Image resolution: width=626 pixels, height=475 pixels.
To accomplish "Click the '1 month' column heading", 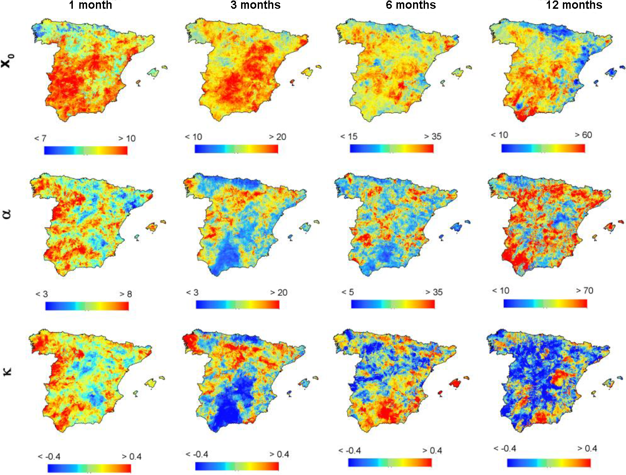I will [x=90, y=5].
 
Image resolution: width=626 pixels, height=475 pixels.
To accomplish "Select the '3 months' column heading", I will [x=255, y=5].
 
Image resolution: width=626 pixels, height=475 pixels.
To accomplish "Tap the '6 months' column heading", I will [x=411, y=5].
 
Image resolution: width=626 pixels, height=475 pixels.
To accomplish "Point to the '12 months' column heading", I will [x=574, y=5].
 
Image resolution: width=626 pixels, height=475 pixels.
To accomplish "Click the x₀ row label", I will [x=8, y=60].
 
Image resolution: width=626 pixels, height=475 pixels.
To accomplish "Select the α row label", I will [x=7, y=213].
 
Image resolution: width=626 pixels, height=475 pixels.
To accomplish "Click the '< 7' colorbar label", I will [x=40, y=138].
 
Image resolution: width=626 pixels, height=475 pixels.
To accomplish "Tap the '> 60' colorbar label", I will [x=583, y=135].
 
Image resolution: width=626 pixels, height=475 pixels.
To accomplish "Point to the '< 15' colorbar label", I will [x=348, y=136].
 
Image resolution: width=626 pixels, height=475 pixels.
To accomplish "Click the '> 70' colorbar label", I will [x=585, y=291].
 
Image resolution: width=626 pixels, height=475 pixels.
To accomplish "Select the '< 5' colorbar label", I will [x=348, y=292].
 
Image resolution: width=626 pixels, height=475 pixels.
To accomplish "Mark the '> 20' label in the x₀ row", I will [x=278, y=137].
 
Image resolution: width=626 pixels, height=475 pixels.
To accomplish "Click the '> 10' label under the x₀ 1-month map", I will [x=127, y=138].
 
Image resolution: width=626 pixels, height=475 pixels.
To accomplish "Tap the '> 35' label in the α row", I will [x=434, y=292].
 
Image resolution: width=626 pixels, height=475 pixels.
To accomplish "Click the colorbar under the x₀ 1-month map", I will [x=86, y=150].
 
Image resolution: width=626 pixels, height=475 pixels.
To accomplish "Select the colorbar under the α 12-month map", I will [x=545, y=304].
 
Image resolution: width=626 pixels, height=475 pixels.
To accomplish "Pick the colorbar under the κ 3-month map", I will [x=237, y=466].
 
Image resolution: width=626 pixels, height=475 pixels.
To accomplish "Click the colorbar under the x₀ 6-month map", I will [x=391, y=148].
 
